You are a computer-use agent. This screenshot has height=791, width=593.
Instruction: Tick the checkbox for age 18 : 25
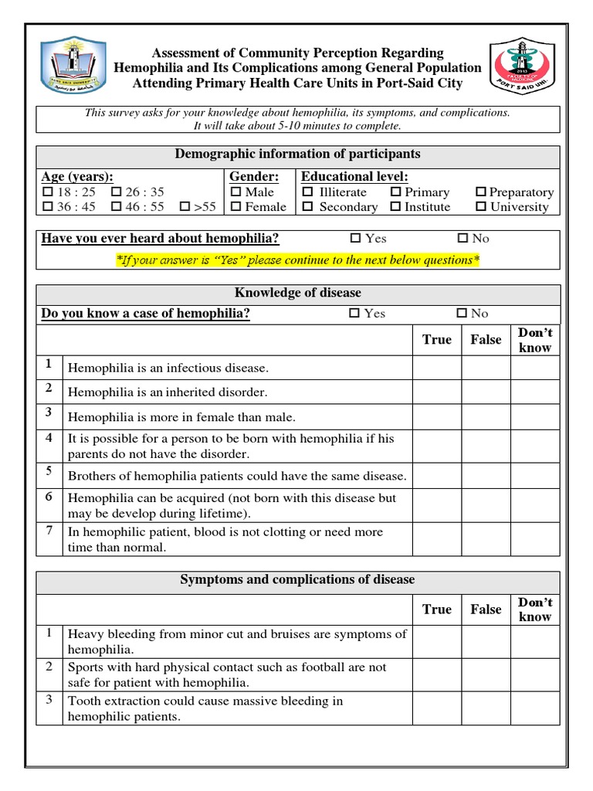click(48, 192)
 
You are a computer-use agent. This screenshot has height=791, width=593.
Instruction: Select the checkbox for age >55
click(185, 207)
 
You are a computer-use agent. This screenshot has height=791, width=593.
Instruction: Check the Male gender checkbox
click(236, 192)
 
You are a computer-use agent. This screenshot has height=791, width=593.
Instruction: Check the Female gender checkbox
click(236, 207)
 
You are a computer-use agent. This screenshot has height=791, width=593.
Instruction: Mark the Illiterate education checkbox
click(307, 192)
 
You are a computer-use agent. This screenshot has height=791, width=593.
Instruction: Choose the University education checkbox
click(480, 207)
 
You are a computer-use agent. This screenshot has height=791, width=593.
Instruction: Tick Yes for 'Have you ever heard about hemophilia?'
click(355, 239)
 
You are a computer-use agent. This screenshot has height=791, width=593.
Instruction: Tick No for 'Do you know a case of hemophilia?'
click(462, 314)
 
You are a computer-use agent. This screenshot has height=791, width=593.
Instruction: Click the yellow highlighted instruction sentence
click(298, 260)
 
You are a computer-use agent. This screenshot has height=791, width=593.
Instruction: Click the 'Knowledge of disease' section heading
click(298, 294)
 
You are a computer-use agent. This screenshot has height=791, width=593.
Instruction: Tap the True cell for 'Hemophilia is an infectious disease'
click(437, 368)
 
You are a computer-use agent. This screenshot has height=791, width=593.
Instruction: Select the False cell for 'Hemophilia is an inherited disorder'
click(486, 392)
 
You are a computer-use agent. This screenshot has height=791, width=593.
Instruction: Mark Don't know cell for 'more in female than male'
click(534, 417)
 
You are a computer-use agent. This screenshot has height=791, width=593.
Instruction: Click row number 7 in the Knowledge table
click(49, 531)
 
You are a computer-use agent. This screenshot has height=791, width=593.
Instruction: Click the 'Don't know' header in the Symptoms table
click(534, 609)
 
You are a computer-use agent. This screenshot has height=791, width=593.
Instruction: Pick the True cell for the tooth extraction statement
click(437, 709)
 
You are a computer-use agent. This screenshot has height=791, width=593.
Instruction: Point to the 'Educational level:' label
click(354, 177)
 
